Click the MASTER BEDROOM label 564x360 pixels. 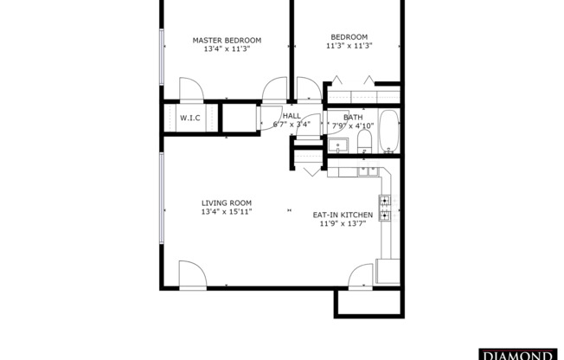point(227,40)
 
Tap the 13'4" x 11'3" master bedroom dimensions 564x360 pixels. point(227,49)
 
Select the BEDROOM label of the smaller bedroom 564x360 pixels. point(349,36)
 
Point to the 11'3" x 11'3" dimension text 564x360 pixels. point(349,46)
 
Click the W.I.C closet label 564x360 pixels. point(190,118)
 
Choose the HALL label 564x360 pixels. point(292,115)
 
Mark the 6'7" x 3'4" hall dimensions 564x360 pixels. point(292,125)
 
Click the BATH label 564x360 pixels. point(353,118)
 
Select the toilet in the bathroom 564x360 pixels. point(364,141)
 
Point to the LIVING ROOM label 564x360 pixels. point(227,202)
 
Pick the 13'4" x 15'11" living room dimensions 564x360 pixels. point(227,212)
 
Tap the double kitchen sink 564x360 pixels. point(367,172)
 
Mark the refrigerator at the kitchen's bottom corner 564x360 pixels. point(388,271)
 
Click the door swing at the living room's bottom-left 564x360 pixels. point(191,274)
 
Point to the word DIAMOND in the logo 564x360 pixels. point(516,355)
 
